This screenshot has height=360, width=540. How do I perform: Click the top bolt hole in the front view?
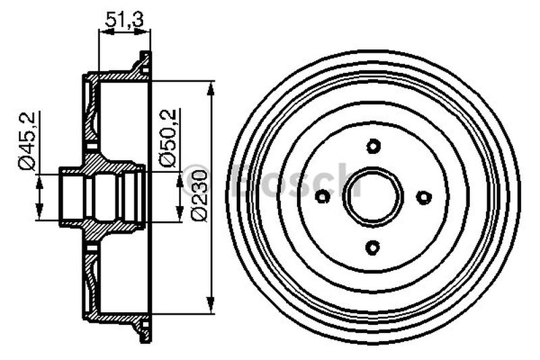[373, 145]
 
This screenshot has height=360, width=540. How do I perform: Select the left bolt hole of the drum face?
[323, 197]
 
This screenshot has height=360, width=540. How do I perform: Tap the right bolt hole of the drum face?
[423, 197]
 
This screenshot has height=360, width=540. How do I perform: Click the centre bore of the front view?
[373, 197]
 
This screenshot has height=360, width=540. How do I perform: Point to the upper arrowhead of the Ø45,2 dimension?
[40, 180]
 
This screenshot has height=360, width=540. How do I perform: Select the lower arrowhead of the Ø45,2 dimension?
[40, 214]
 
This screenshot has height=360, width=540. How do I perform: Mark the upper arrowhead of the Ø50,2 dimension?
[180, 178]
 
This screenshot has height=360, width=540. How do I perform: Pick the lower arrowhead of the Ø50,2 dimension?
[180, 215]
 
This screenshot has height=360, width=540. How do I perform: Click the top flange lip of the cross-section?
[144, 61]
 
